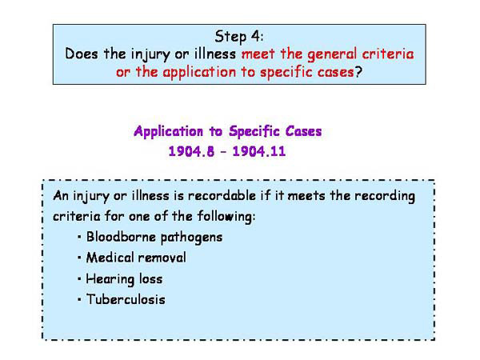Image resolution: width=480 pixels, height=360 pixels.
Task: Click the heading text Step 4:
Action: coord(240,36)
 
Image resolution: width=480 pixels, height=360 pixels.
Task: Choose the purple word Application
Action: coord(173,130)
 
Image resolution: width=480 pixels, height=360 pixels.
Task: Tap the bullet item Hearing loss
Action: coord(125,279)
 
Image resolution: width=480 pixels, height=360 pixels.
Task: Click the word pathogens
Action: coord(192,238)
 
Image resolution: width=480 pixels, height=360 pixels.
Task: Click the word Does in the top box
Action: coord(81,54)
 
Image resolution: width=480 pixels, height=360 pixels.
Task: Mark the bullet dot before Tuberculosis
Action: coord(81,301)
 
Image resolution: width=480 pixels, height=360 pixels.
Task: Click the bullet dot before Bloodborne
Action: coord(81,238)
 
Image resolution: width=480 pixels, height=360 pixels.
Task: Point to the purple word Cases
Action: coord(323,130)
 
